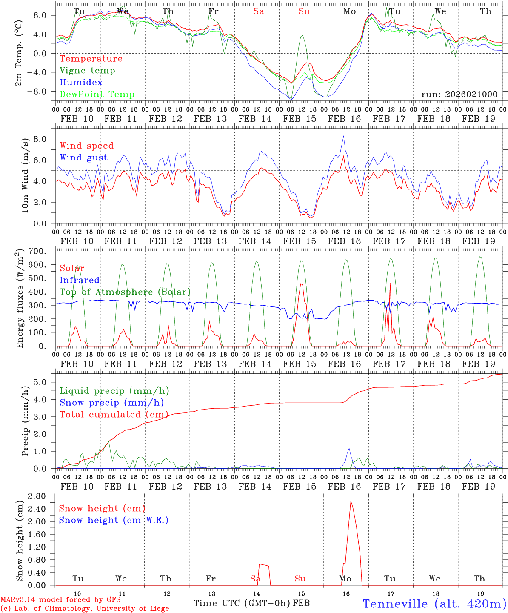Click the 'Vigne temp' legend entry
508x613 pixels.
87,71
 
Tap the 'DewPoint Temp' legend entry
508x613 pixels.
97,95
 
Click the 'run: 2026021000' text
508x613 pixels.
459,95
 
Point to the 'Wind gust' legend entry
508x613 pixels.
83,158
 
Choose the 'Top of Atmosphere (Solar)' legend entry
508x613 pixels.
125,292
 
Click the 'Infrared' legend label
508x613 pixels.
80,280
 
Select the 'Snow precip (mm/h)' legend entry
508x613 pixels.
111,403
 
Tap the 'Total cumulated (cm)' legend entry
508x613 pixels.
114,414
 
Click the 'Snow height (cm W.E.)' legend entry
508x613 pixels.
114,520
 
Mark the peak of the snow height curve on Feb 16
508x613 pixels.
351,501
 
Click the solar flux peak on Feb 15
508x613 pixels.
301,284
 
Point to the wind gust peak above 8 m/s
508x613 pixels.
344,136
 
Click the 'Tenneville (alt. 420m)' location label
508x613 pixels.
434,604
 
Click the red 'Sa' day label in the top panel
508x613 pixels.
259,11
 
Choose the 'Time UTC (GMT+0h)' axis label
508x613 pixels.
242,603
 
